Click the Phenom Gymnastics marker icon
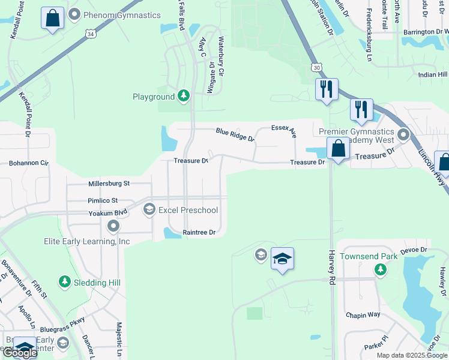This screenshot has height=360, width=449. click(74, 15)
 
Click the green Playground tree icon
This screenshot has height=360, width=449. click(183, 96)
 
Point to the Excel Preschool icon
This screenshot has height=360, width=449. click(149, 210)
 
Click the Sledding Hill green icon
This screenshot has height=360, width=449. click(65, 281)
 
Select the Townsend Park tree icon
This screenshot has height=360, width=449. click(379, 270)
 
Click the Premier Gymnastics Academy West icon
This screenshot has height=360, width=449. click(403, 134)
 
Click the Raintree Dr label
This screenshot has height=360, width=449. click(199, 232)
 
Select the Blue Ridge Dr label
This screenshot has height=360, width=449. click(235, 135)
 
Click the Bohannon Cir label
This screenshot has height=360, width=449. click(28, 163)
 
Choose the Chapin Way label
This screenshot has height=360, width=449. click(363, 315)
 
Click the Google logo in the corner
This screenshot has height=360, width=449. click(19, 353)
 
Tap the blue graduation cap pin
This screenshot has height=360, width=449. click(282, 259)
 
